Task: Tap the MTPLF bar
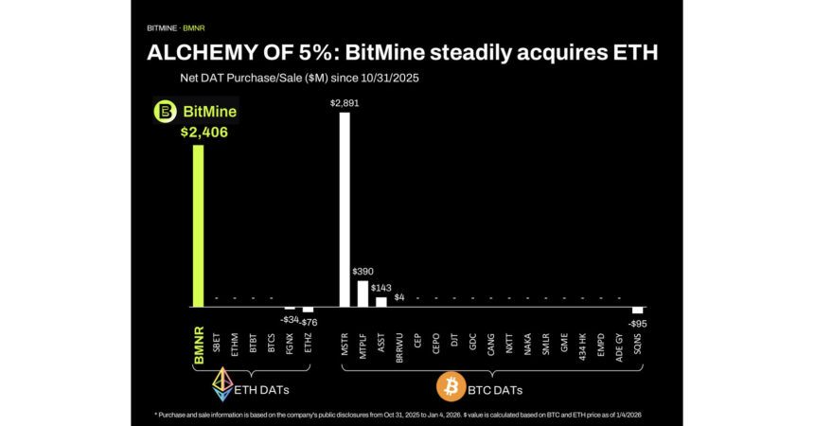pyautogui.click(x=363, y=293)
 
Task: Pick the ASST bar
pyautogui.click(x=381, y=302)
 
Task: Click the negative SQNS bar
pyautogui.click(x=638, y=311)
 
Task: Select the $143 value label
pyautogui.click(x=382, y=287)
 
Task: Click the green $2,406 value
pyautogui.click(x=204, y=133)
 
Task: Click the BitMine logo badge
pyautogui.click(x=196, y=112)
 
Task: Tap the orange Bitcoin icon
pyautogui.click(x=450, y=386)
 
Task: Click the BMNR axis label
pyautogui.click(x=198, y=347)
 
